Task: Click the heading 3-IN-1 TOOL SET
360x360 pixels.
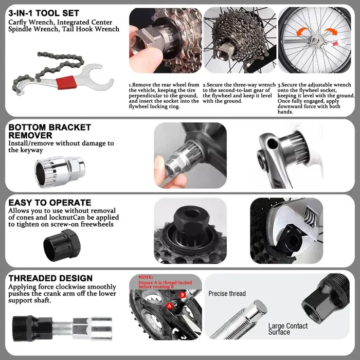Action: [44, 13]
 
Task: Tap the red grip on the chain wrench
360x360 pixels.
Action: [66, 83]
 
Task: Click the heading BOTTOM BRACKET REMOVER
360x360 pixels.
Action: [49, 131]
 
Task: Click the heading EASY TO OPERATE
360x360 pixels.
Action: [49, 203]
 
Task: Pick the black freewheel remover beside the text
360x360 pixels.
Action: [62, 245]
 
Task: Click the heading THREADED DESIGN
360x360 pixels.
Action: [50, 278]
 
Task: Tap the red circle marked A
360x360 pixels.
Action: [169, 306]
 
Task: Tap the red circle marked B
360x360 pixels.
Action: [183, 295]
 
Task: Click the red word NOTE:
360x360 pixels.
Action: [146, 277]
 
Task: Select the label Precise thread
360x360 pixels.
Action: [227, 294]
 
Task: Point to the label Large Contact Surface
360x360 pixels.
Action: [288, 329]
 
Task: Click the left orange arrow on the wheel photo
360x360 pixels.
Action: [302, 31]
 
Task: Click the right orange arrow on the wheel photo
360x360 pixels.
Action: [331, 31]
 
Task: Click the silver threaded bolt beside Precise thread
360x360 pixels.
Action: [239, 319]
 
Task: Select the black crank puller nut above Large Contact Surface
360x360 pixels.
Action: [326, 298]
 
